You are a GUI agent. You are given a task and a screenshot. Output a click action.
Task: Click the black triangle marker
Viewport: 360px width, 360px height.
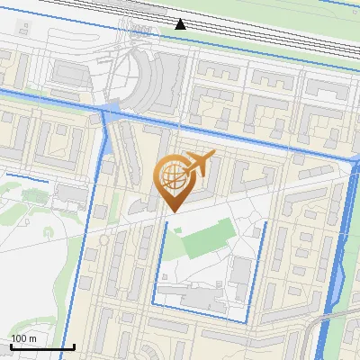point(181,23)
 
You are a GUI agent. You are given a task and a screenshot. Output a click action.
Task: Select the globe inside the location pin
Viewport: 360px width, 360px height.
point(171,175)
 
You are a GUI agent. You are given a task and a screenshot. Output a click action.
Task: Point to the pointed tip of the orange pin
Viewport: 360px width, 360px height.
point(171,211)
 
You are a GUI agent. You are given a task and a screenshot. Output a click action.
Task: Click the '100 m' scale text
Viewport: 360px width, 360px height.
point(23,338)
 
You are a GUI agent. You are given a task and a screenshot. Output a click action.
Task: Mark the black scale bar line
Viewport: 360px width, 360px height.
point(41,347)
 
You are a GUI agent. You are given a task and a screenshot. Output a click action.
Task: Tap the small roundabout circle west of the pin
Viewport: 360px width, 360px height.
point(104,240)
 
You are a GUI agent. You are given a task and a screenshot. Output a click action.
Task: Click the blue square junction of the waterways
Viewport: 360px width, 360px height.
point(109,111)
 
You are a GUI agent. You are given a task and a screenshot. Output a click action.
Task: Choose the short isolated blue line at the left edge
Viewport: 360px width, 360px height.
point(20,175)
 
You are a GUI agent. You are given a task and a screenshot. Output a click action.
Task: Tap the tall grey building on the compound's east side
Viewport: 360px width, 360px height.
point(241,274)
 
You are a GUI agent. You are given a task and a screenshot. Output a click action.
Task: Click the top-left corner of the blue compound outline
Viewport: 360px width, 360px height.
point(164,219)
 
